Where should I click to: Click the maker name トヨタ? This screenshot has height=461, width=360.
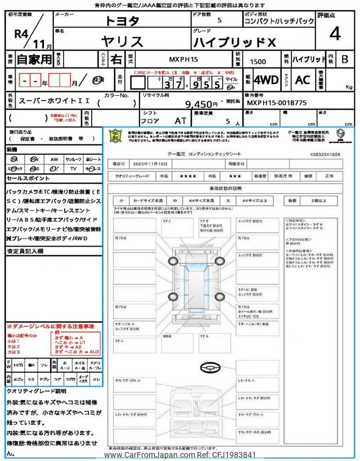click(123, 21)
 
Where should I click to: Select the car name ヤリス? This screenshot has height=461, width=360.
click(123, 41)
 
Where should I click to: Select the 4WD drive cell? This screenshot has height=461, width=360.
click(266, 80)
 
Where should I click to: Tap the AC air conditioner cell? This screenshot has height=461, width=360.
click(303, 80)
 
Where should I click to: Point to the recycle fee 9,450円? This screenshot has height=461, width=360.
click(201, 104)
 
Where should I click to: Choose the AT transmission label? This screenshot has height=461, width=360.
click(180, 120)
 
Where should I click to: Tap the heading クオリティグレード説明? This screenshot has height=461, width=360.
click(37, 390)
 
